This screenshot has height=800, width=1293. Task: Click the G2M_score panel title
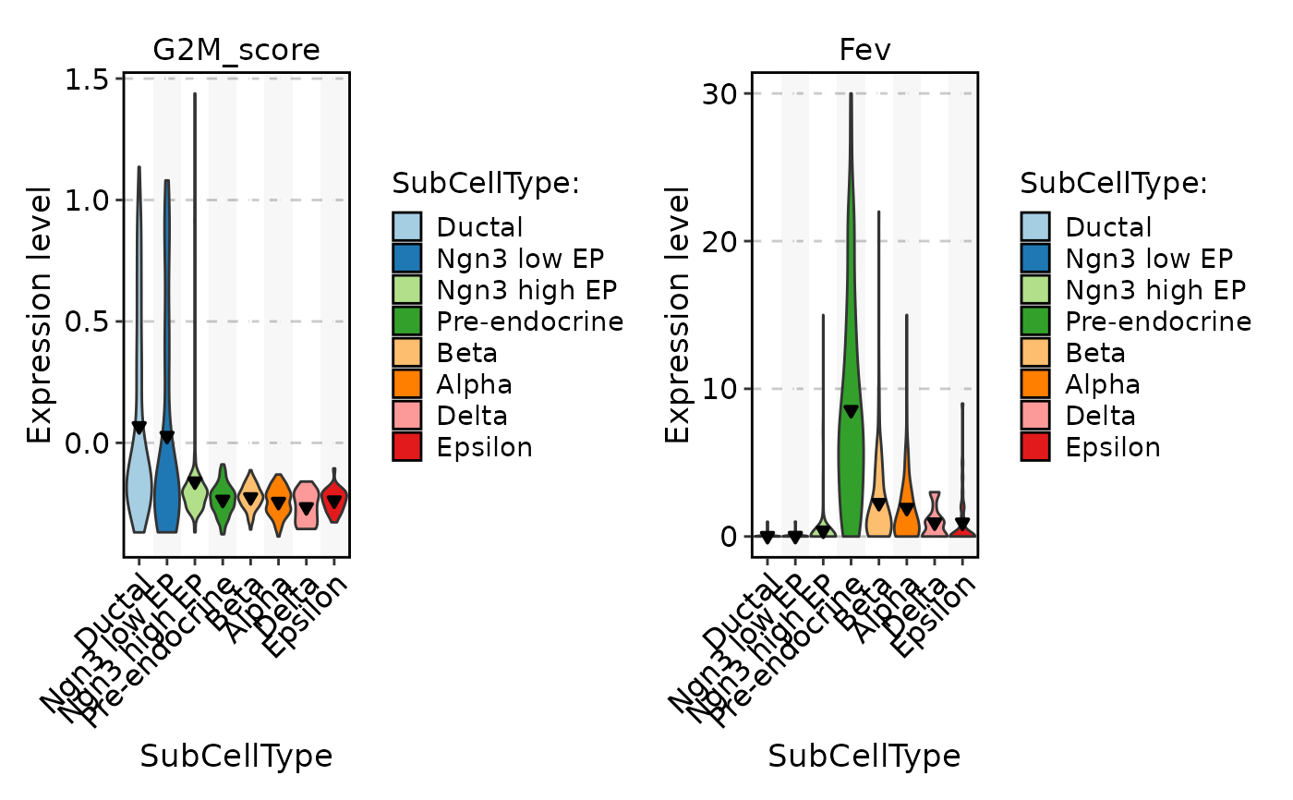pos(236,50)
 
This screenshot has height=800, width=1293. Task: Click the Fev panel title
pos(864,50)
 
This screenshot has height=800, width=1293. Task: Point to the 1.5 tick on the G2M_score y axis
pos(86,79)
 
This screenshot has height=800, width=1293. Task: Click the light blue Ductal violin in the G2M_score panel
pos(139,480)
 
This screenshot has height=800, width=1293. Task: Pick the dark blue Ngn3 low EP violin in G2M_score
pos(166,480)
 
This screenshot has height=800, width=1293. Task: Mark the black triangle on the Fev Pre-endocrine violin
pos(851,411)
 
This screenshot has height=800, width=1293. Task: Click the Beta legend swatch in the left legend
pos(407,353)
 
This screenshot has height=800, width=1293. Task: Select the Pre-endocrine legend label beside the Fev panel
pos(1158,321)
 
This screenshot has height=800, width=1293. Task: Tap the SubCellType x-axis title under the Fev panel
pos(864,757)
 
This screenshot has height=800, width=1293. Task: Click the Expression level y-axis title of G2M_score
pos(40,314)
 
